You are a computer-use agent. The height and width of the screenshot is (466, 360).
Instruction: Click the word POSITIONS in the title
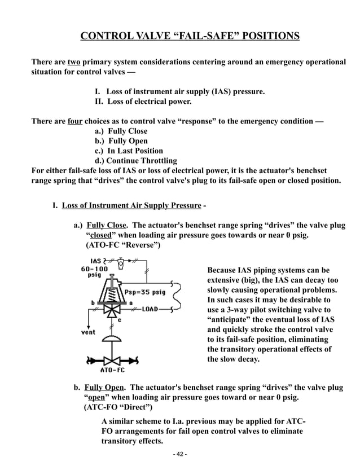coord(264,37)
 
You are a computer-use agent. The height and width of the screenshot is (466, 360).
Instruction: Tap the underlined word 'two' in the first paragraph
coord(73,61)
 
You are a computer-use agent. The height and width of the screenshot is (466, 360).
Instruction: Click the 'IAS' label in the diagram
coord(96,261)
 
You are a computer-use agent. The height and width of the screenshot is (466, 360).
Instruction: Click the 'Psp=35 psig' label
coord(145,292)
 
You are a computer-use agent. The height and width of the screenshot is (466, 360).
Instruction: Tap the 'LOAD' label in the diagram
coord(149,309)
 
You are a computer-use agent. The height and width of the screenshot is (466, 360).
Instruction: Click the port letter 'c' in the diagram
coord(119,320)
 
